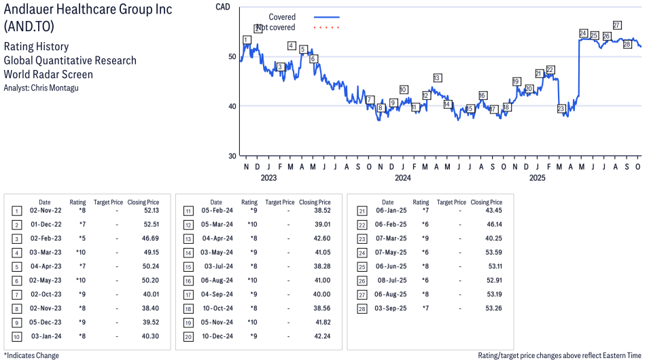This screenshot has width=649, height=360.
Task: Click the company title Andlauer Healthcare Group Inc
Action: [88, 10]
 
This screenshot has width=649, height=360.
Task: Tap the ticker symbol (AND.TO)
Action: [29, 26]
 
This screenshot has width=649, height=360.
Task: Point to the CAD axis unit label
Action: [222, 7]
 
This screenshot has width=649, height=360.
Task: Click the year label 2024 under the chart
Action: [403, 179]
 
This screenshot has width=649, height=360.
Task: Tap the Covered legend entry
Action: [282, 17]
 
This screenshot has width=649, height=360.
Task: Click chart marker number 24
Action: [583, 33]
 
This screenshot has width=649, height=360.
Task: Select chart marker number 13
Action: [437, 78]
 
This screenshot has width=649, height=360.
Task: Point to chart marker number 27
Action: [616, 26]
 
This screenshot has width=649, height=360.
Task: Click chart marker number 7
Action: [370, 100]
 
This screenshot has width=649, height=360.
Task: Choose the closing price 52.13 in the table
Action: [150, 211]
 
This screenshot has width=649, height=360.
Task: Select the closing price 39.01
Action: [321, 224]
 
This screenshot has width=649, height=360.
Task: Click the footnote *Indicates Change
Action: [31, 355]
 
